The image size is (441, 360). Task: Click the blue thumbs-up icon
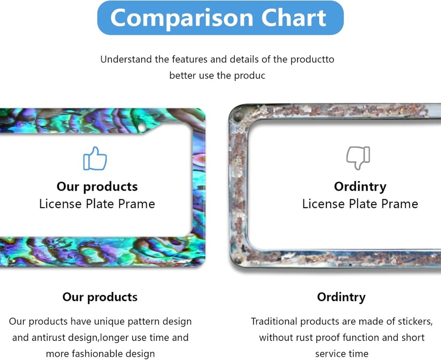pyautogui.click(x=95, y=158)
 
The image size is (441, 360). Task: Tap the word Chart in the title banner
pyautogui.click(x=294, y=18)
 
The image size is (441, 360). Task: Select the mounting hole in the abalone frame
pyautogui.click(x=142, y=127)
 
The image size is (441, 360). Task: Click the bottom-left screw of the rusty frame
pyautogui.click(x=238, y=259)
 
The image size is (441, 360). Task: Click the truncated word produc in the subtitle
pyautogui.click(x=250, y=76)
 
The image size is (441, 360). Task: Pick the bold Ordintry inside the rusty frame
pyautogui.click(x=360, y=187)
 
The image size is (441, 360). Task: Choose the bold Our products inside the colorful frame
pyautogui.click(x=97, y=187)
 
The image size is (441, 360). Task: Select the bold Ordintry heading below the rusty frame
pyautogui.click(x=341, y=297)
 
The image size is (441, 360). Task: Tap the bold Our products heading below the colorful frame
pyautogui.click(x=100, y=297)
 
